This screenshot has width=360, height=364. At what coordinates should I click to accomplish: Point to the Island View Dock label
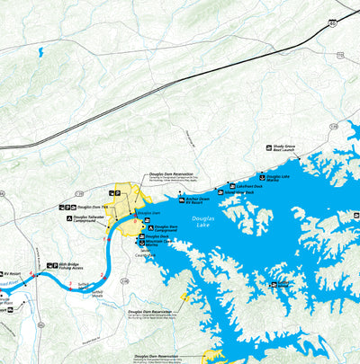click(x=238, y=191)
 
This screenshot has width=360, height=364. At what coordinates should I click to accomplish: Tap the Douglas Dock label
click(x=157, y=236)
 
